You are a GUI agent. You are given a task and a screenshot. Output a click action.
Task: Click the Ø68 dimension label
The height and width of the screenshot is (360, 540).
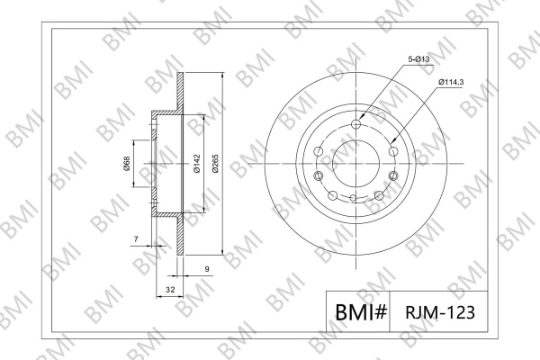pos(126,163)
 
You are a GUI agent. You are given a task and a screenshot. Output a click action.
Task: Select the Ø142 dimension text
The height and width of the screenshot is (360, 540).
pos(197,164)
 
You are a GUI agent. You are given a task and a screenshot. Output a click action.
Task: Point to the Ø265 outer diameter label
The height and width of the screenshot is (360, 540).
pos(216,164)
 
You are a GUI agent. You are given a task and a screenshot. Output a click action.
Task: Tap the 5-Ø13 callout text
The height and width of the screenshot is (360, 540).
pos(418,59)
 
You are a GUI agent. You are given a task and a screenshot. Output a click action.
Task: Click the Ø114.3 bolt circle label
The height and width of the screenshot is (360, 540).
pos(451,82)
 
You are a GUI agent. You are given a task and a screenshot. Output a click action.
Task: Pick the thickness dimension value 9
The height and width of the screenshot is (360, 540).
pos(207,269)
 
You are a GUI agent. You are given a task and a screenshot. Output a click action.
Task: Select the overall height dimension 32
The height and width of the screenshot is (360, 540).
pos(170,290)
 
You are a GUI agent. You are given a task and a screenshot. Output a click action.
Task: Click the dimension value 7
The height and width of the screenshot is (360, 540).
pos(136,238)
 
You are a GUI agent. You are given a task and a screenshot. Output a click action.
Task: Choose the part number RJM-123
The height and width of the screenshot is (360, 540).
pos(440,312)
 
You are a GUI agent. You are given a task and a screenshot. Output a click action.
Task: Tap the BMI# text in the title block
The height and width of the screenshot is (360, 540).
pos(361,312)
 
